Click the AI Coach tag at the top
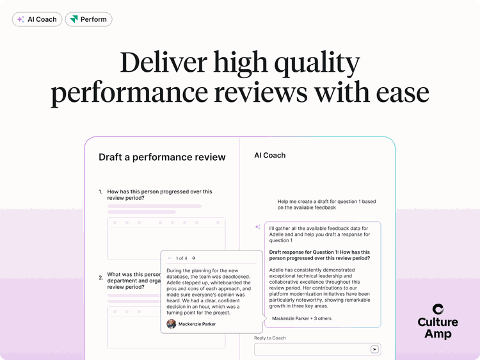[37, 19]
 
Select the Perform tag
[88, 19]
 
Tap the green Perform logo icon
[74, 19]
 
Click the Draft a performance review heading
[162, 157]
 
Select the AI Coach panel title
[270, 156]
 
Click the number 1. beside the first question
[100, 192]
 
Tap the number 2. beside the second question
[100, 278]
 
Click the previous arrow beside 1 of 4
[170, 258]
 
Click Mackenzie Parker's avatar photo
[172, 324]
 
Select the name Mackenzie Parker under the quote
[197, 324]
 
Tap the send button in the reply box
[374, 349]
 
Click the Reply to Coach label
[270, 338]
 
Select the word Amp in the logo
[438, 334]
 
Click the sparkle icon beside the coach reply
[257, 227]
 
